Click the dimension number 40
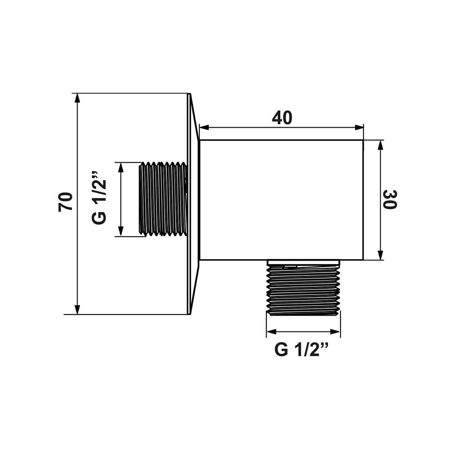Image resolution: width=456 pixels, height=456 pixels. [x=282, y=118]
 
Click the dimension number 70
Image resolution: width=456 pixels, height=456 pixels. [x=65, y=202]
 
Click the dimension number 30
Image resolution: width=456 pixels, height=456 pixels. [x=390, y=200]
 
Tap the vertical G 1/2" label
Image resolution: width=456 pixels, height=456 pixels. [x=99, y=198]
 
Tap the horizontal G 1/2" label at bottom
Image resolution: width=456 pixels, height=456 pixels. [x=302, y=349]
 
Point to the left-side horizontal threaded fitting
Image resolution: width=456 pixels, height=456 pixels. [x=163, y=199]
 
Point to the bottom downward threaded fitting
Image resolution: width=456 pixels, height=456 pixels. [x=303, y=290]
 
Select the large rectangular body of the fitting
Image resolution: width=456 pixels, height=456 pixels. [x=281, y=200]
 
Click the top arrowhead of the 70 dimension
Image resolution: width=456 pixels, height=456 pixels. [x=77, y=98]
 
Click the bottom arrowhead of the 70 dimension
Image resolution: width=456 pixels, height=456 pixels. [x=77, y=310]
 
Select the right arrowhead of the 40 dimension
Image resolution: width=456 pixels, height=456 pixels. [x=359, y=127]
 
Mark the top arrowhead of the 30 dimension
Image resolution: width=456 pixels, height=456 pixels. [x=380, y=145]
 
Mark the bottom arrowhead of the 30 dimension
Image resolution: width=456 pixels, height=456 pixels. [x=380, y=255]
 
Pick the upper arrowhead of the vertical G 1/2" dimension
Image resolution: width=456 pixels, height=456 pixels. [x=121, y=167]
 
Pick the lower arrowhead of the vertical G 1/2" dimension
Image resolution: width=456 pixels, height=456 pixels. [x=121, y=232]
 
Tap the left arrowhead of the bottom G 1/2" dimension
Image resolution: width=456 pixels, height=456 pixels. [x=271, y=332]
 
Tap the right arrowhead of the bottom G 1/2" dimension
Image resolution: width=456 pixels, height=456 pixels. [x=335, y=332]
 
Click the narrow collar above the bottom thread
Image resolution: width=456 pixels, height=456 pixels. [x=303, y=262]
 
